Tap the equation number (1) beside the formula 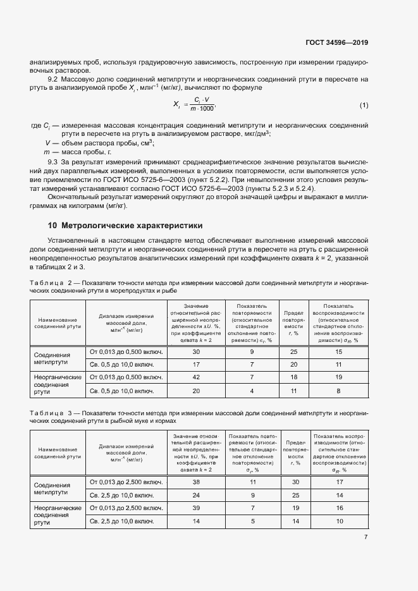(364, 104)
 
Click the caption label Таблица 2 (51, 283)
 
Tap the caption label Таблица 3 (51, 413)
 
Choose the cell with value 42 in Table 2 (195, 377)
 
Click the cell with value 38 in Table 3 (195, 482)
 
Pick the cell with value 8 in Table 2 (338, 391)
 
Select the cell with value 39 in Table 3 (195, 508)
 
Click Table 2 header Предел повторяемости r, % (293, 322)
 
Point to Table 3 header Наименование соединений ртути (58, 451)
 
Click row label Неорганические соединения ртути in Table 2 (58, 384)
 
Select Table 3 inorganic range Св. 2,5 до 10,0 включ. (126, 521)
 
